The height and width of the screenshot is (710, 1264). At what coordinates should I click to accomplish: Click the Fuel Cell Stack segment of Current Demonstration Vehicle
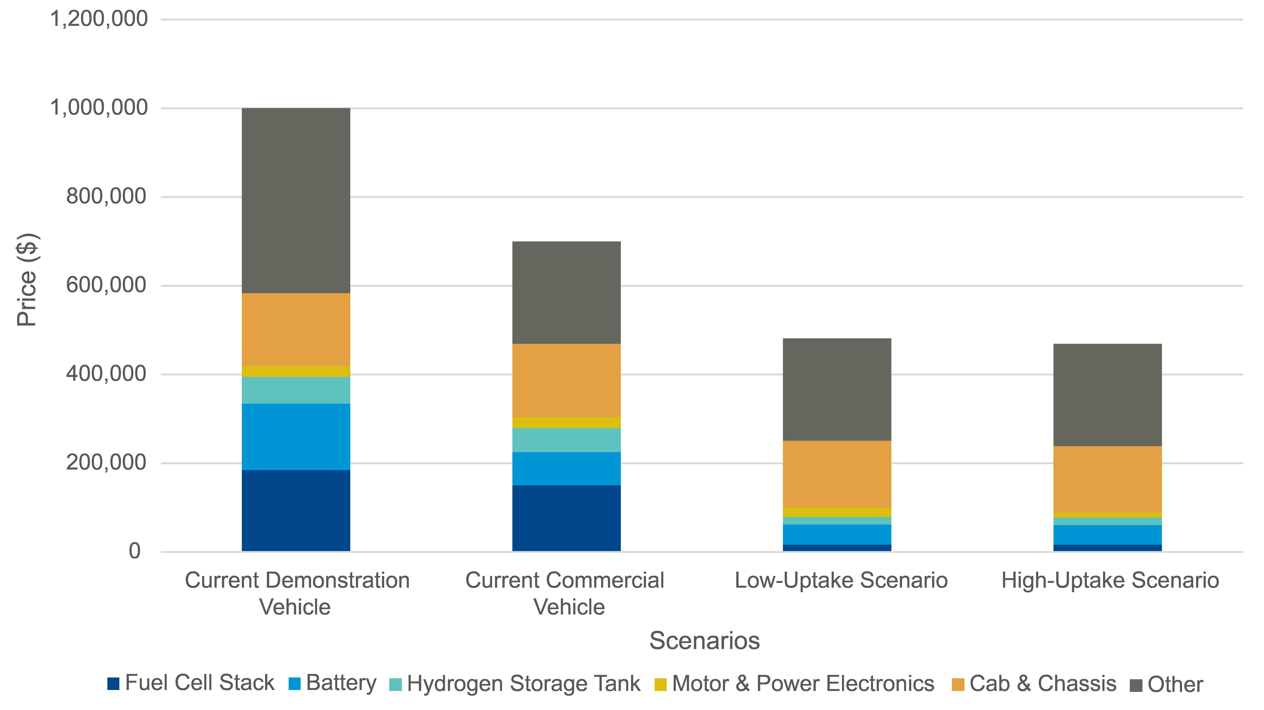296,510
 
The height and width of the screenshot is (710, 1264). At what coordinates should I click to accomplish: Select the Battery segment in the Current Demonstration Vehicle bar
296,437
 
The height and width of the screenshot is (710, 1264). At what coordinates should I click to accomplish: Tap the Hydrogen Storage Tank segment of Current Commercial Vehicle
566,440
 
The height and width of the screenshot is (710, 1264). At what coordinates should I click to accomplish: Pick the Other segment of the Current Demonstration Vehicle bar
296,200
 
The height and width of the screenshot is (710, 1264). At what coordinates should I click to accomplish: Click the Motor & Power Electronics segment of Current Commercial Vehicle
566,422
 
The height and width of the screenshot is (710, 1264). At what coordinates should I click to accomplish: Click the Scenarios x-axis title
704,640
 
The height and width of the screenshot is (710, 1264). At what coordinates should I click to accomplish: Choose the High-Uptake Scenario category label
1110,580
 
